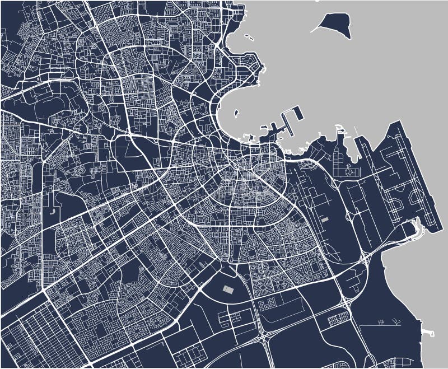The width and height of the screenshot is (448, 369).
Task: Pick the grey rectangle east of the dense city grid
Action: pos(324,219)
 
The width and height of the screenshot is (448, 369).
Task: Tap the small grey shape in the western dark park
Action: pos(52,212)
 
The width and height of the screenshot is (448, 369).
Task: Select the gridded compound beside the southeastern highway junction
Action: pos(337,319)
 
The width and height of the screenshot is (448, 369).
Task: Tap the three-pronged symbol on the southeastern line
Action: pos(396,321)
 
